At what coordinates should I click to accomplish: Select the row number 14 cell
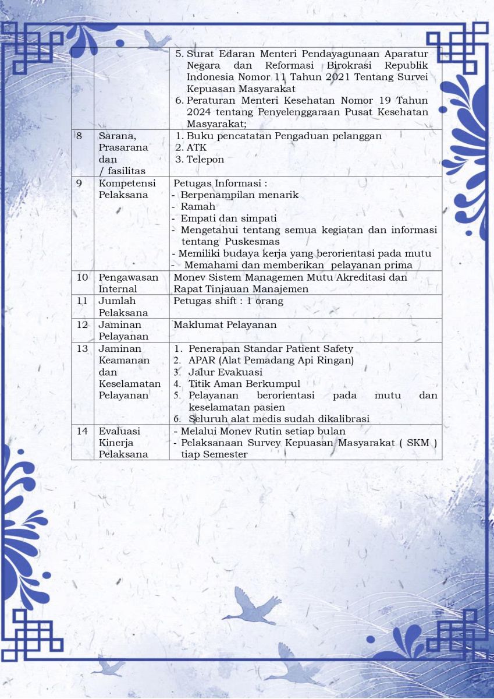point(82,432)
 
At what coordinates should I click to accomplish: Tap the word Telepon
point(205,160)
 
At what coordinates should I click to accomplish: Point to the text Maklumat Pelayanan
point(225,324)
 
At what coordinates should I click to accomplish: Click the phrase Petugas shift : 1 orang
point(228,301)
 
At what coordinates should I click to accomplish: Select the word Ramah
point(198,207)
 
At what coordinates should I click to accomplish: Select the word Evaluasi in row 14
point(119,432)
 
